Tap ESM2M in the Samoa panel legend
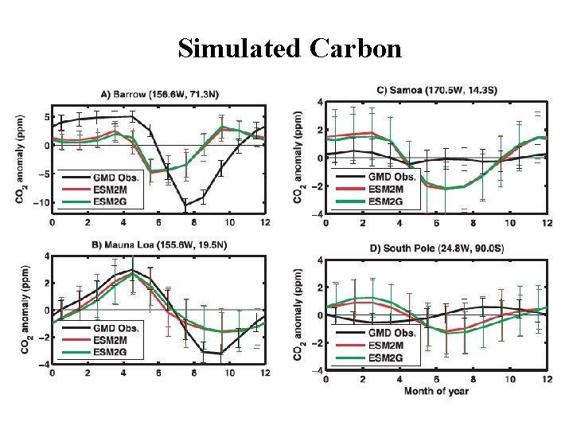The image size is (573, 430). [x=386, y=187]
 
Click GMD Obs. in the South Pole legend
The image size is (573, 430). [x=390, y=333]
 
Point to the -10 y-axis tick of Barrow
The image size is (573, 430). [x=37, y=202]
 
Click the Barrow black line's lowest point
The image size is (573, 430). [x=185, y=206]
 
